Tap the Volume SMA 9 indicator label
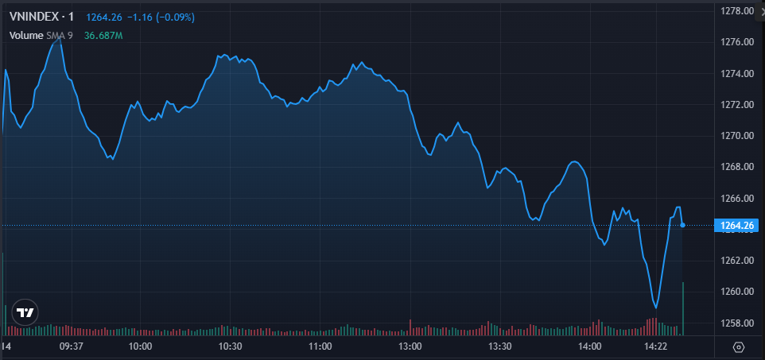[41, 35]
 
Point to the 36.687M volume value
[103, 35]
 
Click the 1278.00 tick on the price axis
[736, 11]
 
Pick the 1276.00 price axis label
[736, 42]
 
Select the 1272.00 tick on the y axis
[736, 105]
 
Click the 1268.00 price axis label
[736, 167]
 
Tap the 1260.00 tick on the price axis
[736, 292]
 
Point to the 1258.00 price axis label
[736, 323]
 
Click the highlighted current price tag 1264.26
[736, 226]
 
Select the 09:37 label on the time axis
[72, 346]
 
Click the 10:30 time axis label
[231, 346]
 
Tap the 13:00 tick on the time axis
[410, 346]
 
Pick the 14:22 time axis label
[655, 346]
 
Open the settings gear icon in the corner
[739, 347]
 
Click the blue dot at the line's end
[682, 226]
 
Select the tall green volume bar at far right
[683, 308]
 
